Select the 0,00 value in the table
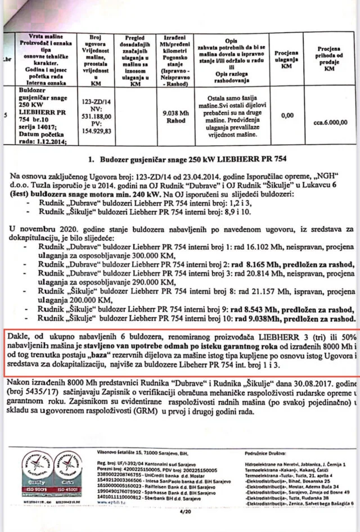[287, 115]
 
